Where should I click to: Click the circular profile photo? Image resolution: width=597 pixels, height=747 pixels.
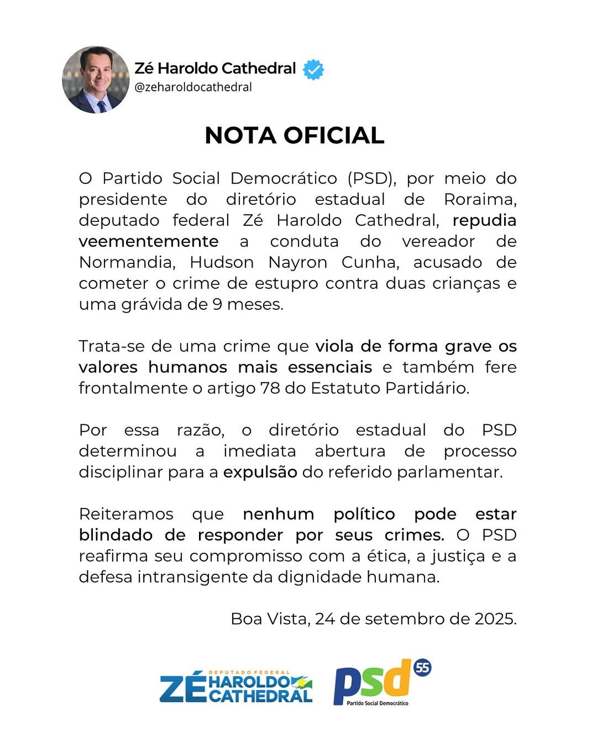96,80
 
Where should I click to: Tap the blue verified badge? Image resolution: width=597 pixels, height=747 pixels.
313,69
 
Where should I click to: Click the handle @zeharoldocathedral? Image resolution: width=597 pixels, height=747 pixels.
193,87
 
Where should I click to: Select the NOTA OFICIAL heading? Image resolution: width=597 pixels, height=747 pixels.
294,136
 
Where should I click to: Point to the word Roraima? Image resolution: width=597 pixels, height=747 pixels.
480,199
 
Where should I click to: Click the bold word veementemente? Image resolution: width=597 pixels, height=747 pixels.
148,241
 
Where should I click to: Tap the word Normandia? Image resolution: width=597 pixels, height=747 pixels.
127,262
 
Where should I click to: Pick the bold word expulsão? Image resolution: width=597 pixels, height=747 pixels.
260,472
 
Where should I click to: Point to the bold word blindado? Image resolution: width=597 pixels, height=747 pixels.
116,535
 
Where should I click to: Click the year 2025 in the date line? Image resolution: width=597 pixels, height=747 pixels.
495,619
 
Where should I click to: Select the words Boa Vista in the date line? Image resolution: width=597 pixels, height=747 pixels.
269,619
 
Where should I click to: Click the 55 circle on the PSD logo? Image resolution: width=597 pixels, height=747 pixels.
422,668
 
